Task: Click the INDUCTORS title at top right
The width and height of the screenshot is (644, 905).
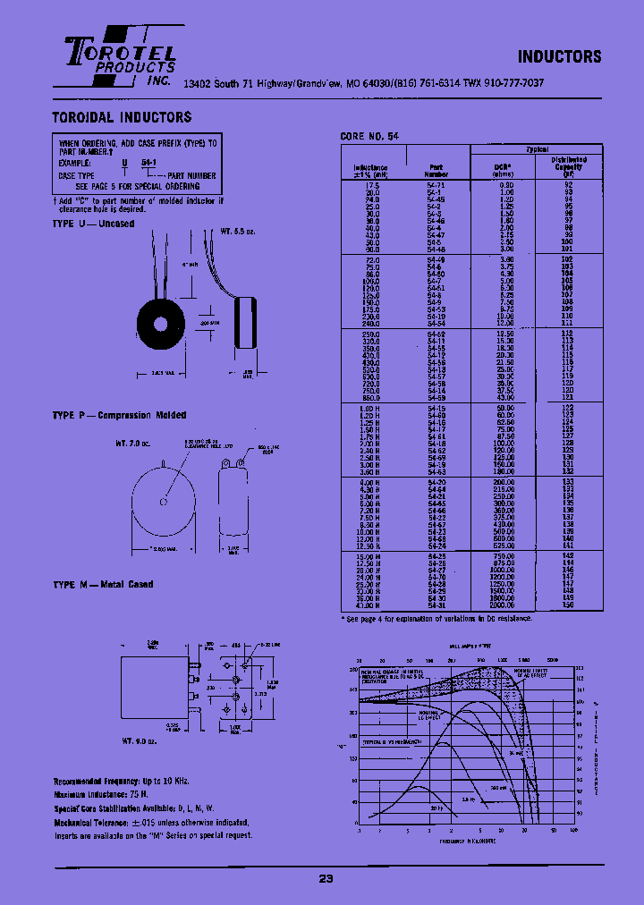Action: click(560, 56)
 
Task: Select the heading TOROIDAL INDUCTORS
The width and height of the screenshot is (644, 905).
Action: click(122, 117)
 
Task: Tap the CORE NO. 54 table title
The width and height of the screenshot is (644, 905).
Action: click(369, 136)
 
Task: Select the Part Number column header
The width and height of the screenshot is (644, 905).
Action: click(436, 169)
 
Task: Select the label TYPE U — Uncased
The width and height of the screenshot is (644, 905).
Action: click(93, 224)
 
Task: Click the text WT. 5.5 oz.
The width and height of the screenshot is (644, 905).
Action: click(238, 232)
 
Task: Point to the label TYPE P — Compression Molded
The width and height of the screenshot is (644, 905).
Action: click(119, 415)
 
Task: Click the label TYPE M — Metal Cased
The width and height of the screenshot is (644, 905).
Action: click(103, 584)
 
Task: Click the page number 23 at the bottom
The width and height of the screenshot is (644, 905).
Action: click(326, 878)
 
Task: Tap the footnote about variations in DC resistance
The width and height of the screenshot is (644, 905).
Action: click(437, 618)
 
